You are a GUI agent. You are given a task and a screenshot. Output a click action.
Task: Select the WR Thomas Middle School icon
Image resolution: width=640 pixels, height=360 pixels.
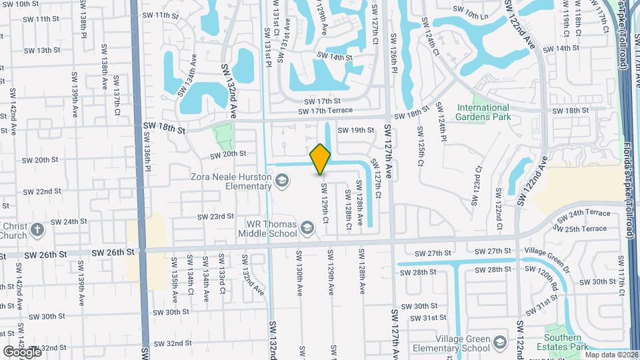[307, 229]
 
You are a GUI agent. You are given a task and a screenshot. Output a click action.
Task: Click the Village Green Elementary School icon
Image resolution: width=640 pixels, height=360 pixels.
[499, 344]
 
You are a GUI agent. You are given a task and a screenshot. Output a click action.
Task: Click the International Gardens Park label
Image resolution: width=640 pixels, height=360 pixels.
[483, 112]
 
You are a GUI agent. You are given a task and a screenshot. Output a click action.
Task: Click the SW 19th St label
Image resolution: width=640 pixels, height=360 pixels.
[356, 131]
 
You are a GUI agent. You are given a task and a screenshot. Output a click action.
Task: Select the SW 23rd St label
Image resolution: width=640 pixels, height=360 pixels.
[215, 217]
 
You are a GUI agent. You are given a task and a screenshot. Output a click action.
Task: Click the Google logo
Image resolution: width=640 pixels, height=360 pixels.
[21, 351]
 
